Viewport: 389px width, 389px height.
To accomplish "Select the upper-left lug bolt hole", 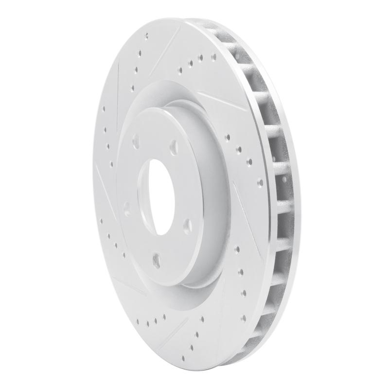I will point(135,141).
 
